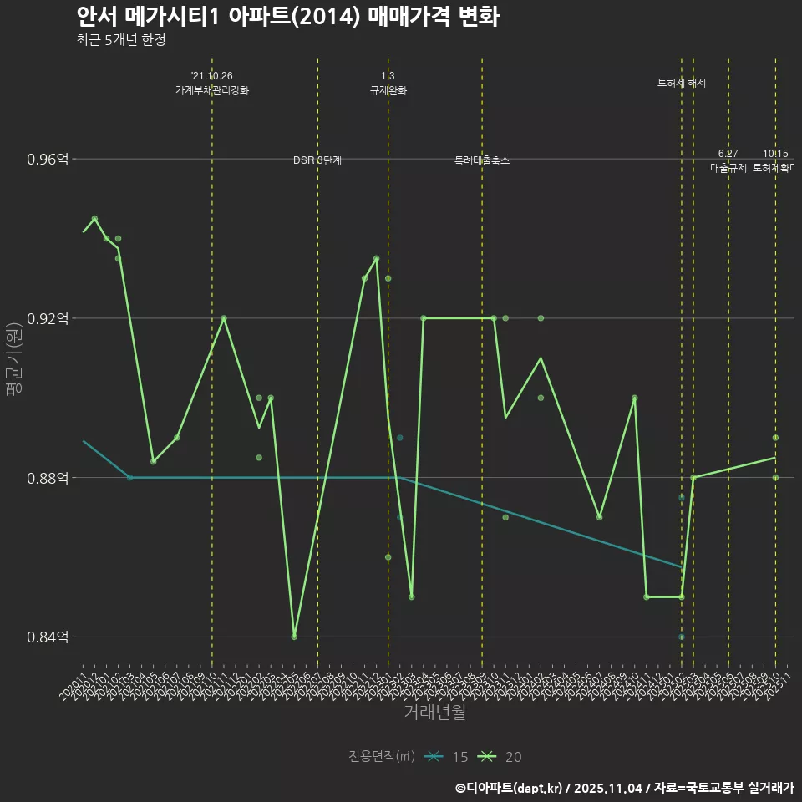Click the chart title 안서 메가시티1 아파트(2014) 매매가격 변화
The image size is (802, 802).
coord(287,17)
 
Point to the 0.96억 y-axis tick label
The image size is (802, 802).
coord(48,159)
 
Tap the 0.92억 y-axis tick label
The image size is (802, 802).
coord(48,318)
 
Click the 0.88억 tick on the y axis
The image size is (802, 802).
coord(48,478)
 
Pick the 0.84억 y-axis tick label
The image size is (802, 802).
coord(48,637)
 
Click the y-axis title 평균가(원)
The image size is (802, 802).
coord(14,359)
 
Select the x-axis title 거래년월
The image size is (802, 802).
coord(434,713)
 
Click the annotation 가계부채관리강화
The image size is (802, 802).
coord(211,90)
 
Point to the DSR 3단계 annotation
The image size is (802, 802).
coord(317,160)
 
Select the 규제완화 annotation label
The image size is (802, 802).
coord(388,90)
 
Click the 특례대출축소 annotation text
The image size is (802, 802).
coord(482,160)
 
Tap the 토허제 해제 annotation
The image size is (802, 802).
coord(682,83)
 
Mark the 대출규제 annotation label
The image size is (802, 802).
coord(728,168)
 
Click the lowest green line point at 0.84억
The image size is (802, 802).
coord(294,637)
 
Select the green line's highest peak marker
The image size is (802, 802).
coord(94,218)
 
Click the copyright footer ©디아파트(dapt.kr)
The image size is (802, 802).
coord(510,787)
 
